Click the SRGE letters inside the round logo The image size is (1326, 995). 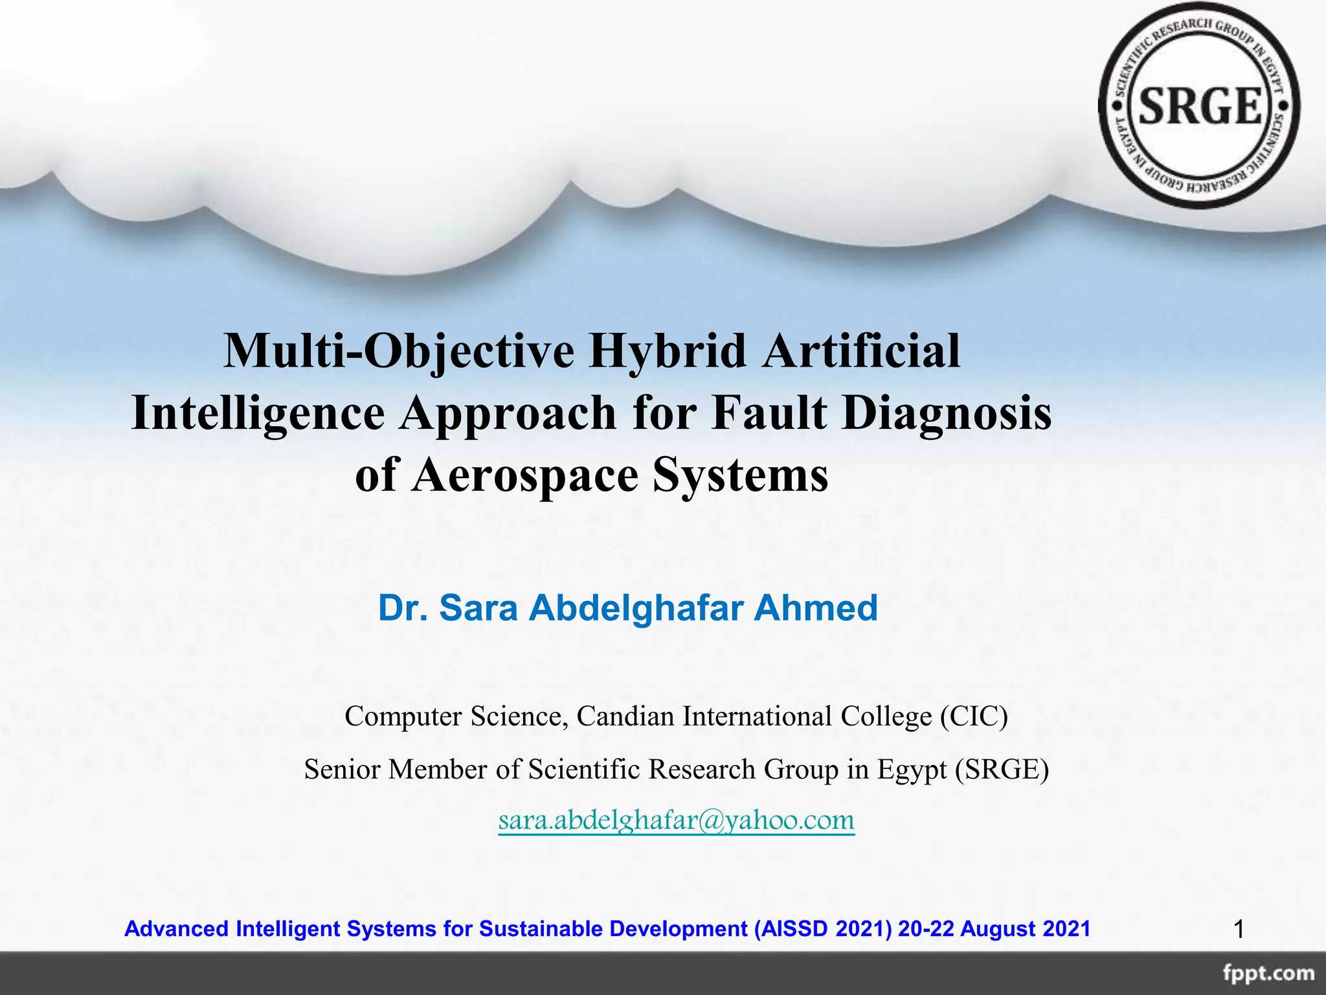tap(1200, 106)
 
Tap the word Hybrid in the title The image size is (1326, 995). tap(667, 350)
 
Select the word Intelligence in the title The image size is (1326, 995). tap(258, 413)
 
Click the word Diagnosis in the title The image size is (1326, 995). tap(947, 413)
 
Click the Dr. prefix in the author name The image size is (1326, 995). tap(402, 608)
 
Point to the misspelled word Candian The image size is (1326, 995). tap(625, 716)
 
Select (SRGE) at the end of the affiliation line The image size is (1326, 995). tap(1002, 770)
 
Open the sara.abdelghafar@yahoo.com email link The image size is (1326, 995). tap(676, 820)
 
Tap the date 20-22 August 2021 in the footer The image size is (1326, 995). tap(994, 929)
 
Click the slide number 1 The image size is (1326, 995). tap(1239, 930)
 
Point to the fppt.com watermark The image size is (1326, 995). tap(1268, 974)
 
